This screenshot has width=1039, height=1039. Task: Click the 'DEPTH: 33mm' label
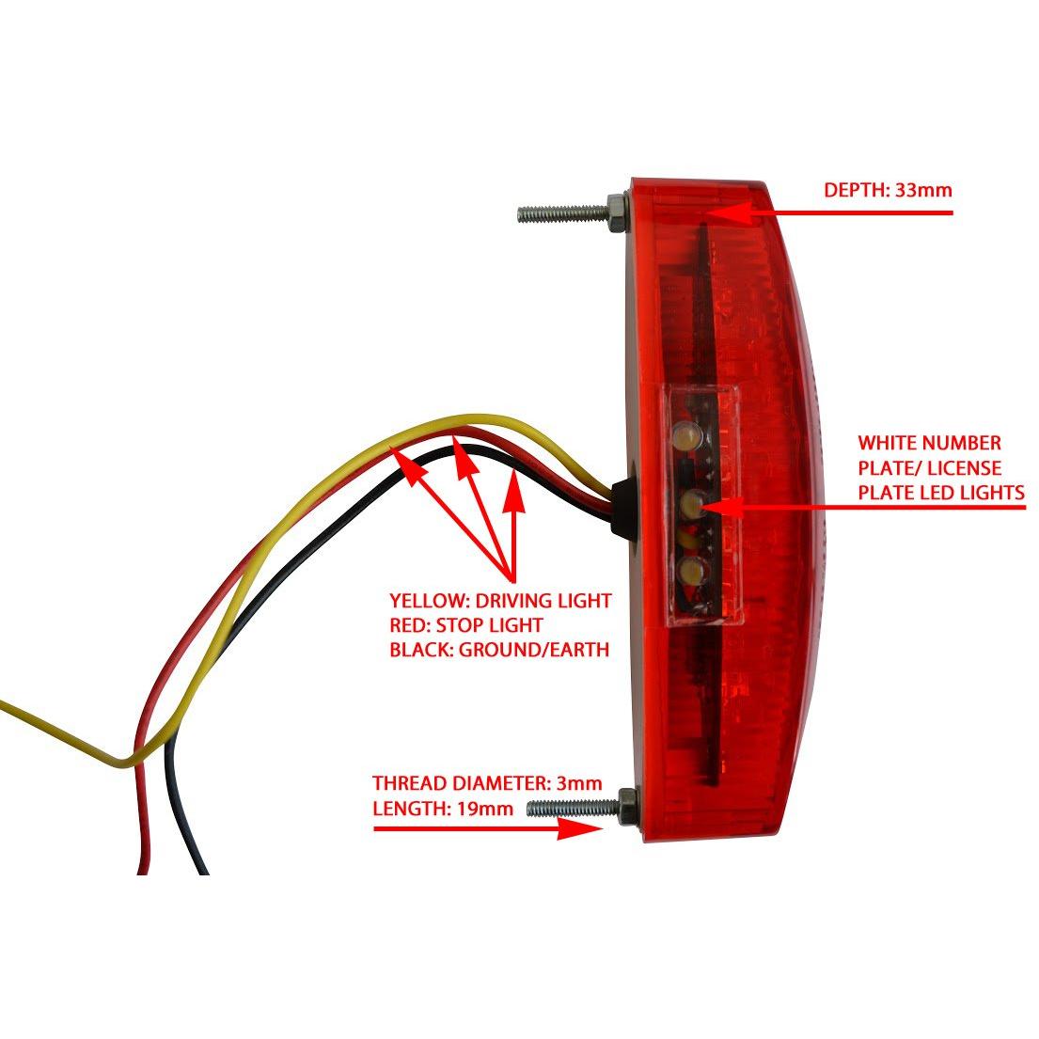click(888, 190)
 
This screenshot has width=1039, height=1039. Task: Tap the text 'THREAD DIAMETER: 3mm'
click(487, 783)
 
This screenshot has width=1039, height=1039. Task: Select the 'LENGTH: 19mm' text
click(443, 809)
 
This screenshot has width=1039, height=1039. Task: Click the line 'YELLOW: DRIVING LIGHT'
click(500, 600)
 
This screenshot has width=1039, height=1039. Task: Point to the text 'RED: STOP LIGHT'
click(466, 625)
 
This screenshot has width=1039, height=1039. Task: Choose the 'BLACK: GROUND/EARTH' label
click(499, 650)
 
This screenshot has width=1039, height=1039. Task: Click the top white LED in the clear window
click(686, 434)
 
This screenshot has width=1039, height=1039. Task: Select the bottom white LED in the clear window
click(691, 569)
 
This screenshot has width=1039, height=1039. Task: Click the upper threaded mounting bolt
click(562, 213)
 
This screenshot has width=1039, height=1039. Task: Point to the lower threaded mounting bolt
click(573, 807)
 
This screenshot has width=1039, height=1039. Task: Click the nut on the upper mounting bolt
click(616, 213)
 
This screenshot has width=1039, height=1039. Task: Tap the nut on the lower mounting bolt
click(627, 807)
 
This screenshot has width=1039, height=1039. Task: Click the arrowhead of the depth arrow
click(729, 213)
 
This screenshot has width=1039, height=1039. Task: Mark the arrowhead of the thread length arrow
click(580, 828)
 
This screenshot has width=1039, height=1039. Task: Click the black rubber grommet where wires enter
click(621, 508)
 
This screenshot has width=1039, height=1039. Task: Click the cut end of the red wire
click(143, 871)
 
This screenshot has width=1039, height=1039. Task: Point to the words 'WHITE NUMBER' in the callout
click(929, 443)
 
